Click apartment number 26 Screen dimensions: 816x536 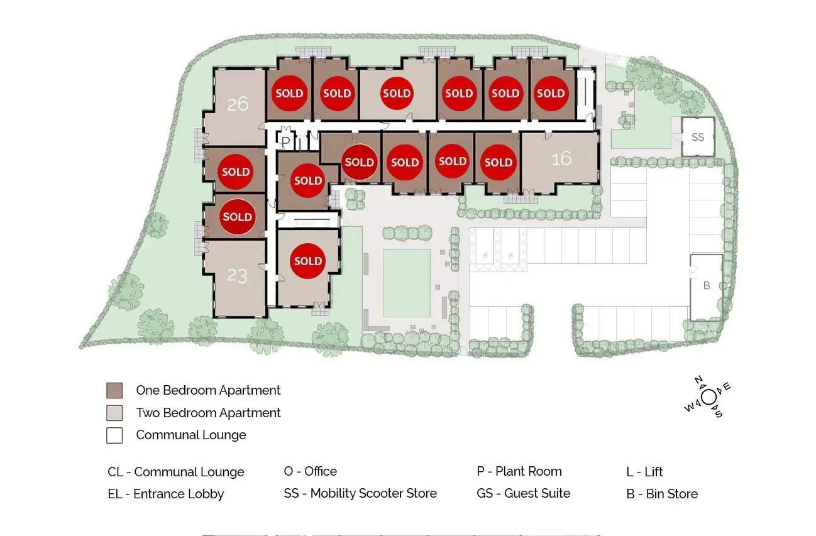point(238,104)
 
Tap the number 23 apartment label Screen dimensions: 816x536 point(237,275)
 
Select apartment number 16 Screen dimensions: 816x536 point(561,158)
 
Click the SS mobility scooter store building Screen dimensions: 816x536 point(698,137)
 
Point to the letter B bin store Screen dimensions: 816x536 point(707,286)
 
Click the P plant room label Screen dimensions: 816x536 point(286,141)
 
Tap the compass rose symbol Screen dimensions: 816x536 point(708,397)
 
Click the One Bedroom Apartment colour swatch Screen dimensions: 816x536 point(114,390)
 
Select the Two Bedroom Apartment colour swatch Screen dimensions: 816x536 point(114,413)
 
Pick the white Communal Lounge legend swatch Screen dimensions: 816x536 point(114,435)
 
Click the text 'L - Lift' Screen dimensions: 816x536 point(644,471)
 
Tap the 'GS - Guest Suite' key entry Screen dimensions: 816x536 point(524,493)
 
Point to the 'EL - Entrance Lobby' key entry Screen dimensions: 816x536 point(166,494)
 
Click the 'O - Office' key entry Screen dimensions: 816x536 point(311,471)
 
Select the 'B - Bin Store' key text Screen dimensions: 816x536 point(662,494)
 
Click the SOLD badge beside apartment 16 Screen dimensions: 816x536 point(499,162)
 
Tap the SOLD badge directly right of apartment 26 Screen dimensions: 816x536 point(289,93)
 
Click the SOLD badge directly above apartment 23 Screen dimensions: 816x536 point(238,217)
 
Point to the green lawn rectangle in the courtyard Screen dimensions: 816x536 point(407,283)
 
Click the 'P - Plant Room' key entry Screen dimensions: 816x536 point(519,471)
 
